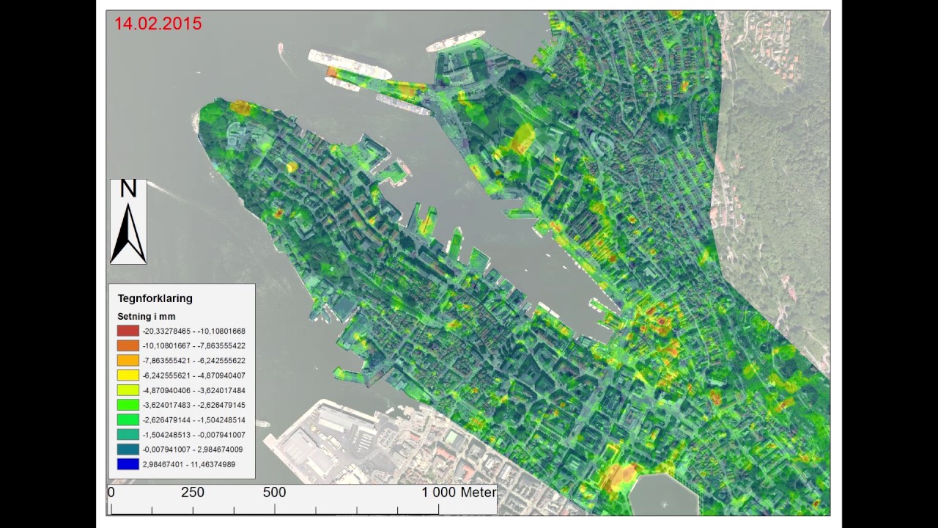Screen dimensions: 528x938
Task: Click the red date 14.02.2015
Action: click(158, 23)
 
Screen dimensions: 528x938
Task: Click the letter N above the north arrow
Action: click(128, 189)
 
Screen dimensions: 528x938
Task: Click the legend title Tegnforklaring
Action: click(155, 298)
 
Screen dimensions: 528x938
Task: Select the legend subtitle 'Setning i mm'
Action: click(147, 316)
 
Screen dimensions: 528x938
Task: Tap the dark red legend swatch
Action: click(128, 331)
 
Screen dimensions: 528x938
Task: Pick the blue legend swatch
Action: click(128, 464)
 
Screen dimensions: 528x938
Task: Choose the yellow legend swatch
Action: click(128, 375)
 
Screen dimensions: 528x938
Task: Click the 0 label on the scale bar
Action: click(111, 493)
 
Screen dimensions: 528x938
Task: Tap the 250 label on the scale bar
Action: click(193, 493)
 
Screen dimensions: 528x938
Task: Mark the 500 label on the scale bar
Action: click(274, 493)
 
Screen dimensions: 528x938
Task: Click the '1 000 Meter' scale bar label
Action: click(459, 493)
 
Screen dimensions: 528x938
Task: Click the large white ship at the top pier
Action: click(350, 64)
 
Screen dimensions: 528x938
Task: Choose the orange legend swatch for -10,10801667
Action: click(128, 345)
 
